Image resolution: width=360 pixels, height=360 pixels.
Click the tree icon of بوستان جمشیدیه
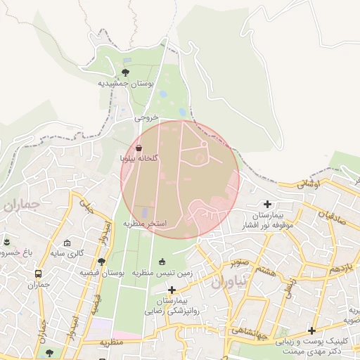tap(126, 72)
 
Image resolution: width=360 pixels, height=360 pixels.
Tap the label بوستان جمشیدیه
tap(126, 83)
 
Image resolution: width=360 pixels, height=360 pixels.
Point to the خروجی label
tap(147, 119)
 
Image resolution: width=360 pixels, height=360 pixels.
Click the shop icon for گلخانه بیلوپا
tap(138, 148)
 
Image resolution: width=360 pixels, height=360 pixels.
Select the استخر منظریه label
tap(145, 224)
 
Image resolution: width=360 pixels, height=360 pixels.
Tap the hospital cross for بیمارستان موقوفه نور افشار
tap(267, 204)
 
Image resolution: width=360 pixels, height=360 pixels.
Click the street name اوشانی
tap(308, 185)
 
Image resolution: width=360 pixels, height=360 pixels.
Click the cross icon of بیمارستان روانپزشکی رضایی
tap(172, 289)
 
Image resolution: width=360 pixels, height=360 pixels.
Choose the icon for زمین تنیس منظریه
tap(163, 262)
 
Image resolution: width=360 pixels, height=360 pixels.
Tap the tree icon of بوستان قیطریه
tap(102, 262)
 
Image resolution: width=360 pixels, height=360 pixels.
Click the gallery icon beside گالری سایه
tap(67, 242)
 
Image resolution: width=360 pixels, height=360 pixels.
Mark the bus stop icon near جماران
tap(38, 274)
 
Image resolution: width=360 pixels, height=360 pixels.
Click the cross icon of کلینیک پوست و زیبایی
tap(311, 330)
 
